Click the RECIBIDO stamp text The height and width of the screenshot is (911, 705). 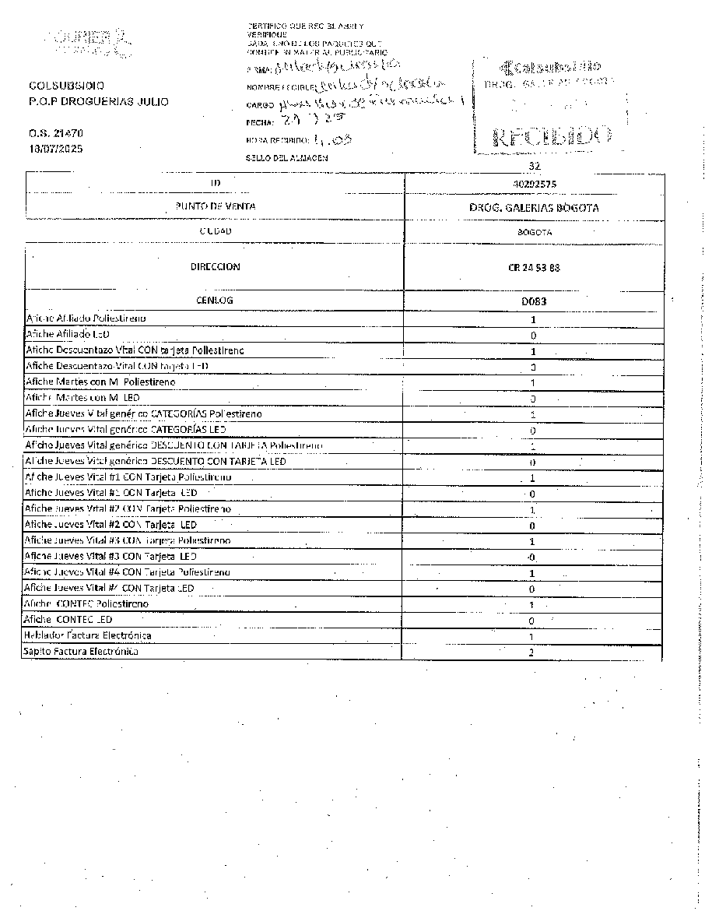[x=551, y=136]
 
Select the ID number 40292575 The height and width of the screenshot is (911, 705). [x=534, y=184]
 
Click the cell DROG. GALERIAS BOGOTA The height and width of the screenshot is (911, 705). [x=534, y=208]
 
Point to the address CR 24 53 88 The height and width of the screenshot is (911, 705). [x=534, y=268]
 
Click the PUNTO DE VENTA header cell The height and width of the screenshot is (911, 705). [x=216, y=206]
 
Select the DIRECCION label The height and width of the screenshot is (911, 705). [x=216, y=267]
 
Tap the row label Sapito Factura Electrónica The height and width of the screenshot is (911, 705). [x=81, y=652]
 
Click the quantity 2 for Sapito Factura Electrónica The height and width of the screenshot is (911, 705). [x=531, y=652]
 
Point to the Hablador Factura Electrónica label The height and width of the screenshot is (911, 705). [x=87, y=636]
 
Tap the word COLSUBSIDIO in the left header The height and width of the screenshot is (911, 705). [x=66, y=86]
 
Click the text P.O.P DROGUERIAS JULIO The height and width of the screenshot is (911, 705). [x=98, y=102]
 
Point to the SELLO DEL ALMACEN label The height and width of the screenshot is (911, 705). [x=286, y=158]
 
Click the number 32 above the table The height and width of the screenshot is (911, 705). [x=534, y=167]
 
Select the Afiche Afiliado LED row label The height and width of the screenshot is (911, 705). [x=72, y=335]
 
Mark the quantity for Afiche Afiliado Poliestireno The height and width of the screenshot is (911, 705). [x=533, y=319]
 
